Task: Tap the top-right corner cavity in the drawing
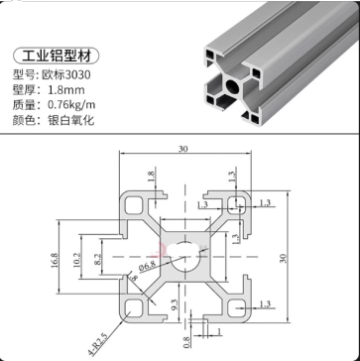point(238,204)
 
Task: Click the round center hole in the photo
point(230,86)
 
